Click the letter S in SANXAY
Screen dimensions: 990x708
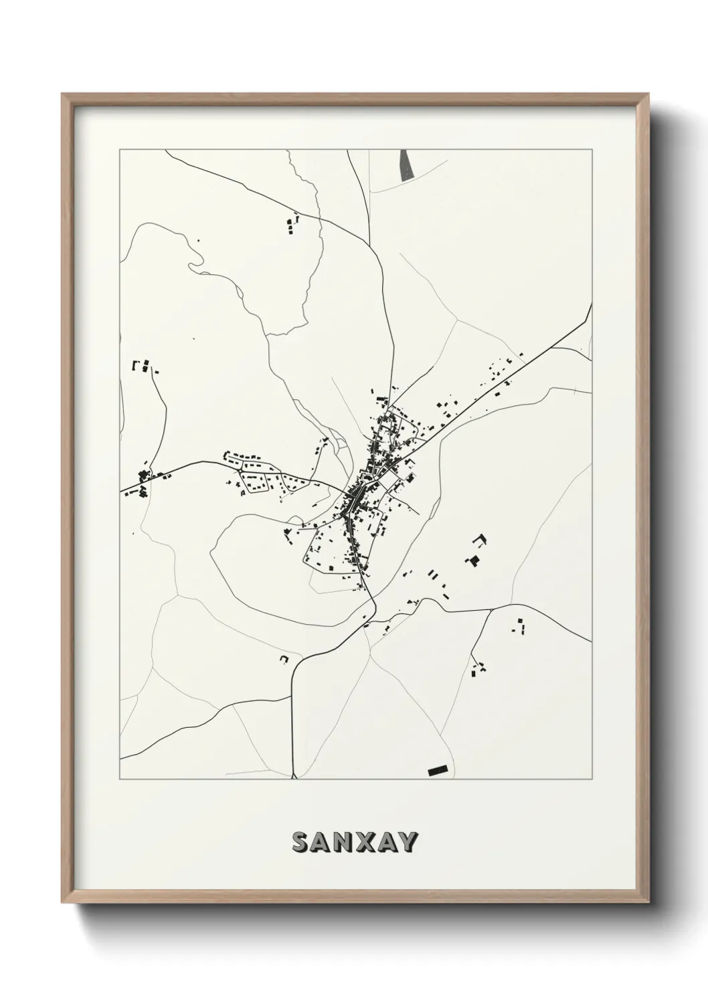[x=302, y=843]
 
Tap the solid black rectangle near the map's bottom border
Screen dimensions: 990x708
[x=437, y=771]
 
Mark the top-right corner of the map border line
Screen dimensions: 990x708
[x=592, y=150]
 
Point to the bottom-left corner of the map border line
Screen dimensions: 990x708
[x=120, y=779]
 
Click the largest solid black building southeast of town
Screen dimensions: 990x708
[x=474, y=561]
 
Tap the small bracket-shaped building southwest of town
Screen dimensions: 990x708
[x=284, y=660]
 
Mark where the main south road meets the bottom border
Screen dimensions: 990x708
[x=294, y=778]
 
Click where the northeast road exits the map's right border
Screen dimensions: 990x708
[x=591, y=306]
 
